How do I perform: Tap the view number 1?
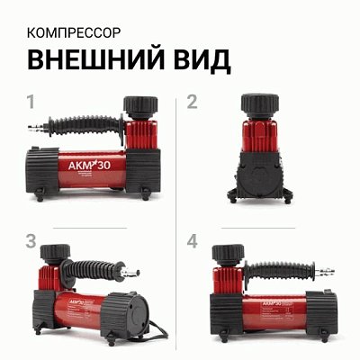click(x=32, y=102)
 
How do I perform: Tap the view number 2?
click(x=192, y=102)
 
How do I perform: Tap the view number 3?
click(x=32, y=241)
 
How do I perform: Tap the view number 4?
click(x=192, y=241)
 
